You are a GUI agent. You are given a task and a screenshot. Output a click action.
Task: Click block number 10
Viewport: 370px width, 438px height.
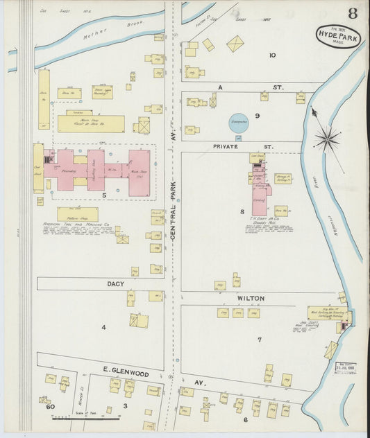click(x=272, y=55)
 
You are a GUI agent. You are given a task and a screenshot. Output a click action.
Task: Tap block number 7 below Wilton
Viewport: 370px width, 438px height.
click(x=259, y=339)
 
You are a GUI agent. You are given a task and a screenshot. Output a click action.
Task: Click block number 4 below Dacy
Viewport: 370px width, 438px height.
click(x=104, y=326)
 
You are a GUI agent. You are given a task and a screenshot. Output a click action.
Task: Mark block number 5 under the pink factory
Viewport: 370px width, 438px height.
click(x=104, y=196)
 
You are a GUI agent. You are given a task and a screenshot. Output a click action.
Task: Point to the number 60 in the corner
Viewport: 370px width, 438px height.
click(x=50, y=407)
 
